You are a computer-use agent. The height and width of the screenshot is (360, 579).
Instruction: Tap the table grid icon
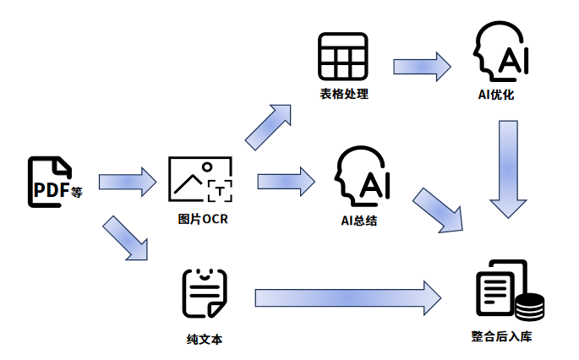pyautogui.click(x=342, y=57)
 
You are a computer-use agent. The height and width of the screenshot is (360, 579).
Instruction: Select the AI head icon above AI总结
pyautogui.click(x=362, y=179)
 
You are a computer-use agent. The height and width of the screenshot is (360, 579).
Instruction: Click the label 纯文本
pyautogui.click(x=205, y=339)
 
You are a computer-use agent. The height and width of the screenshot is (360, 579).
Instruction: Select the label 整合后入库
pyautogui.click(x=502, y=335)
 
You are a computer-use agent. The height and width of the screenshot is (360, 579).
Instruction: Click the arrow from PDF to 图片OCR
pyautogui.click(x=128, y=181)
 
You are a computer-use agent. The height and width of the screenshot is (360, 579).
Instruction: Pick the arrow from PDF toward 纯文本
pyautogui.click(x=125, y=237)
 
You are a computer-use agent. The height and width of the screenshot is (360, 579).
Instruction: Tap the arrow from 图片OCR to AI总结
pyautogui.click(x=285, y=180)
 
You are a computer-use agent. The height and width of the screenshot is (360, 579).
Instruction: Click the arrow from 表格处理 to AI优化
pyautogui.click(x=421, y=66)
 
